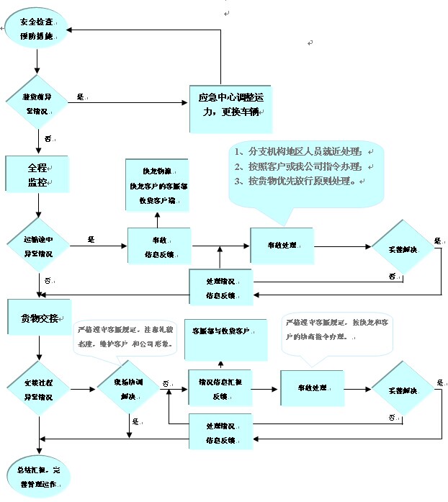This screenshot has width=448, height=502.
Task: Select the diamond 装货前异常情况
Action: (37, 102)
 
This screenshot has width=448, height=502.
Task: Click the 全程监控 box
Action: (37, 174)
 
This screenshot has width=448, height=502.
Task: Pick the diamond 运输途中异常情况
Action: (37, 247)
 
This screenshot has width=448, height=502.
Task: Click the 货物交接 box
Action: (39, 318)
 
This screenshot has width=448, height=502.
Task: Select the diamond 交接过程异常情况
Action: (37, 390)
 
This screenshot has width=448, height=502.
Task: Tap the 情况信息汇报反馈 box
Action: (220, 390)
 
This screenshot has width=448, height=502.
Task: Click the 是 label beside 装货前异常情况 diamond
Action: (81, 97)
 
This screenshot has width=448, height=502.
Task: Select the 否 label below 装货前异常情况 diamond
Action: (48, 138)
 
